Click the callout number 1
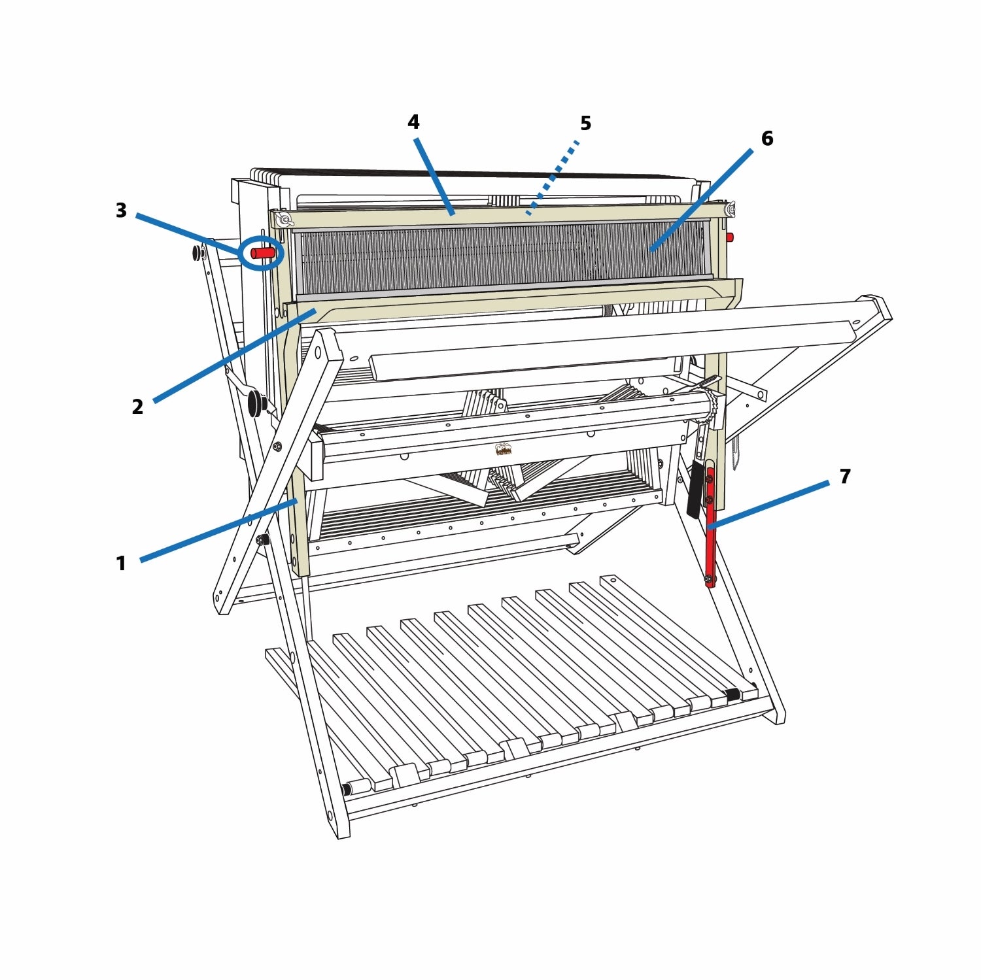121,563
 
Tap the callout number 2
137,407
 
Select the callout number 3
121,211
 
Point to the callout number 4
413,122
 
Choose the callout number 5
586,123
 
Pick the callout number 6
767,138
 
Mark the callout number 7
845,477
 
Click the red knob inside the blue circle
263,252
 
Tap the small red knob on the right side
730,237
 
